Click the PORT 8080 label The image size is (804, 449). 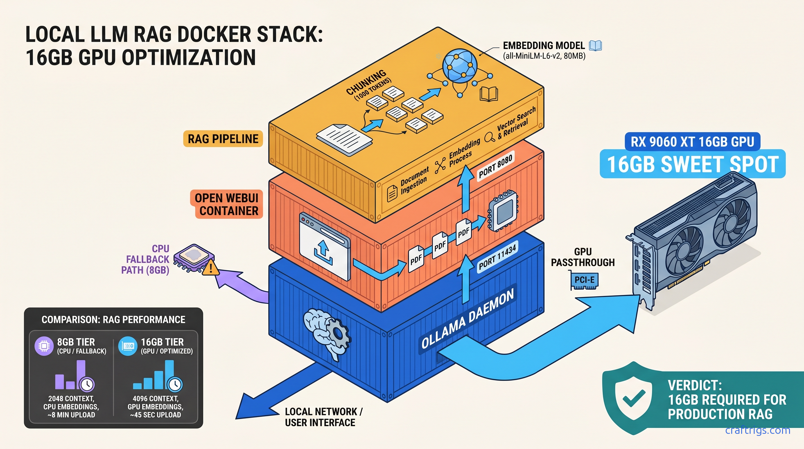click(x=495, y=167)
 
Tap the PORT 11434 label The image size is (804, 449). click(x=497, y=257)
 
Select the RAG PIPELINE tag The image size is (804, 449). click(x=223, y=139)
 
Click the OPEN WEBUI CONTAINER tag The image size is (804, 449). click(x=227, y=204)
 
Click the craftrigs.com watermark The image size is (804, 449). click(x=758, y=430)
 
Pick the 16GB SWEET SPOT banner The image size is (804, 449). click(x=692, y=164)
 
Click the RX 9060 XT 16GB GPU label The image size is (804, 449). click(x=692, y=142)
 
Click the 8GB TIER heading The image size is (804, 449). click(x=76, y=342)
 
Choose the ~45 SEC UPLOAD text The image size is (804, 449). click(x=155, y=415)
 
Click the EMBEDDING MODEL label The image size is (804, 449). click(x=544, y=46)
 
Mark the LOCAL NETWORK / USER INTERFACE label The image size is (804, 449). click(x=323, y=417)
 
